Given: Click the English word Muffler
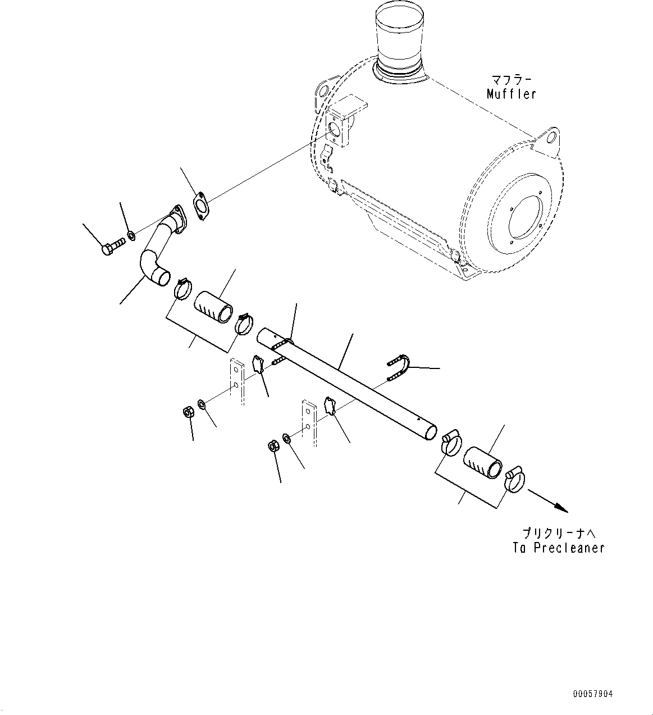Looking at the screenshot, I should (511, 94).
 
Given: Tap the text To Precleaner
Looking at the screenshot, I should (558, 548).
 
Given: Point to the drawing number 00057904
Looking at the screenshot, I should (593, 694).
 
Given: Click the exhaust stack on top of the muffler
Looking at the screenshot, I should (400, 39).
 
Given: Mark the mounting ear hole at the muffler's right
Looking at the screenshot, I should (551, 138).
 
